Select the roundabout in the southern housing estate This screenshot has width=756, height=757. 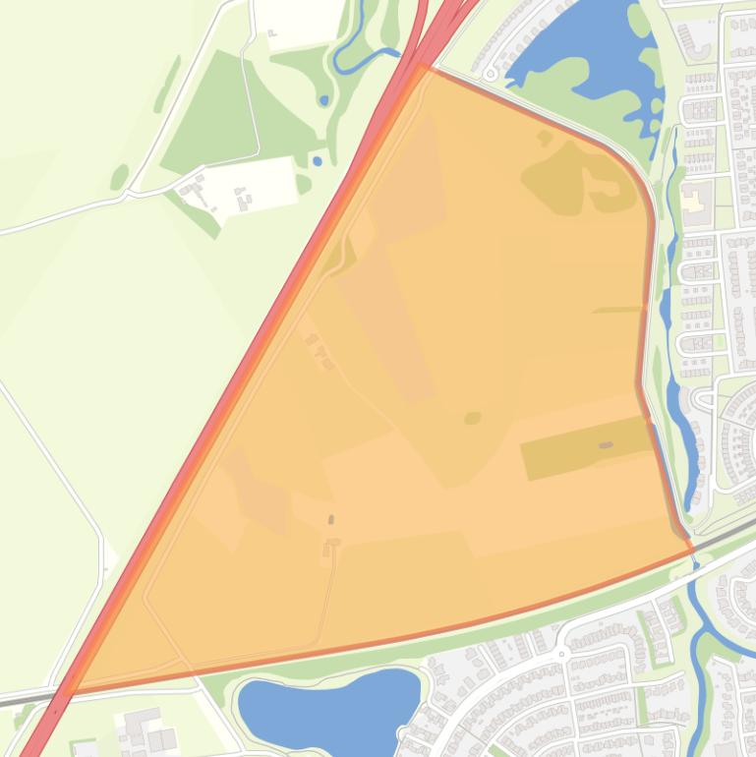point(562,652)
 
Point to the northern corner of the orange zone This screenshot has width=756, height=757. point(423,66)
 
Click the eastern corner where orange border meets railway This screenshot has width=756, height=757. point(693,549)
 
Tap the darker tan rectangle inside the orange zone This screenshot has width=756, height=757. point(586,448)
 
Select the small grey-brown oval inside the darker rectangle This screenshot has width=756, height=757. point(606,445)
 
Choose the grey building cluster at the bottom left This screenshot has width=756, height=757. point(143,732)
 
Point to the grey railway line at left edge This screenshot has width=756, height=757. point(20,698)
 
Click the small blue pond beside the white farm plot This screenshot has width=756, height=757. point(316,160)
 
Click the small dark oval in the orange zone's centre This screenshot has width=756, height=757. point(473,418)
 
